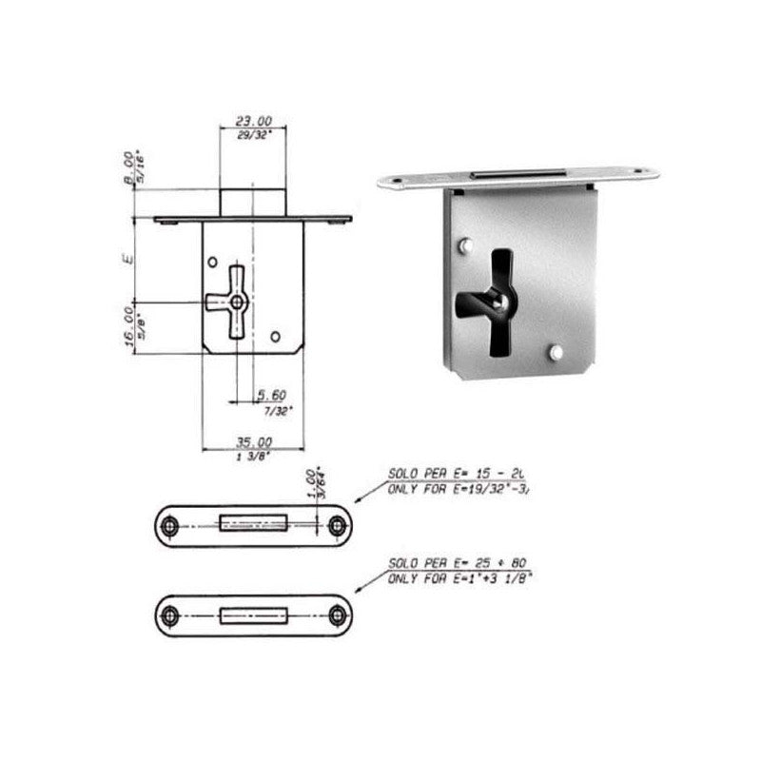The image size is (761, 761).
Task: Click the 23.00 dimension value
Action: coord(253,122)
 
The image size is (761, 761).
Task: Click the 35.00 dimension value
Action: coord(253,442)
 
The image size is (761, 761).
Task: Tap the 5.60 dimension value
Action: coord(272,395)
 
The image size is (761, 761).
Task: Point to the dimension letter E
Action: coord(129,257)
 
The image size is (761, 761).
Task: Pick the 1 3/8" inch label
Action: coord(253,457)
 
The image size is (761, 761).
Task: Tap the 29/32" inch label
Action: coord(253,136)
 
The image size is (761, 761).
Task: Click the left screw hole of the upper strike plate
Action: coord(170,526)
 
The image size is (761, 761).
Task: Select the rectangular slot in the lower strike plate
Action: coord(252,615)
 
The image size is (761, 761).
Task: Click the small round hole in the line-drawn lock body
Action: coord(276,337)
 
